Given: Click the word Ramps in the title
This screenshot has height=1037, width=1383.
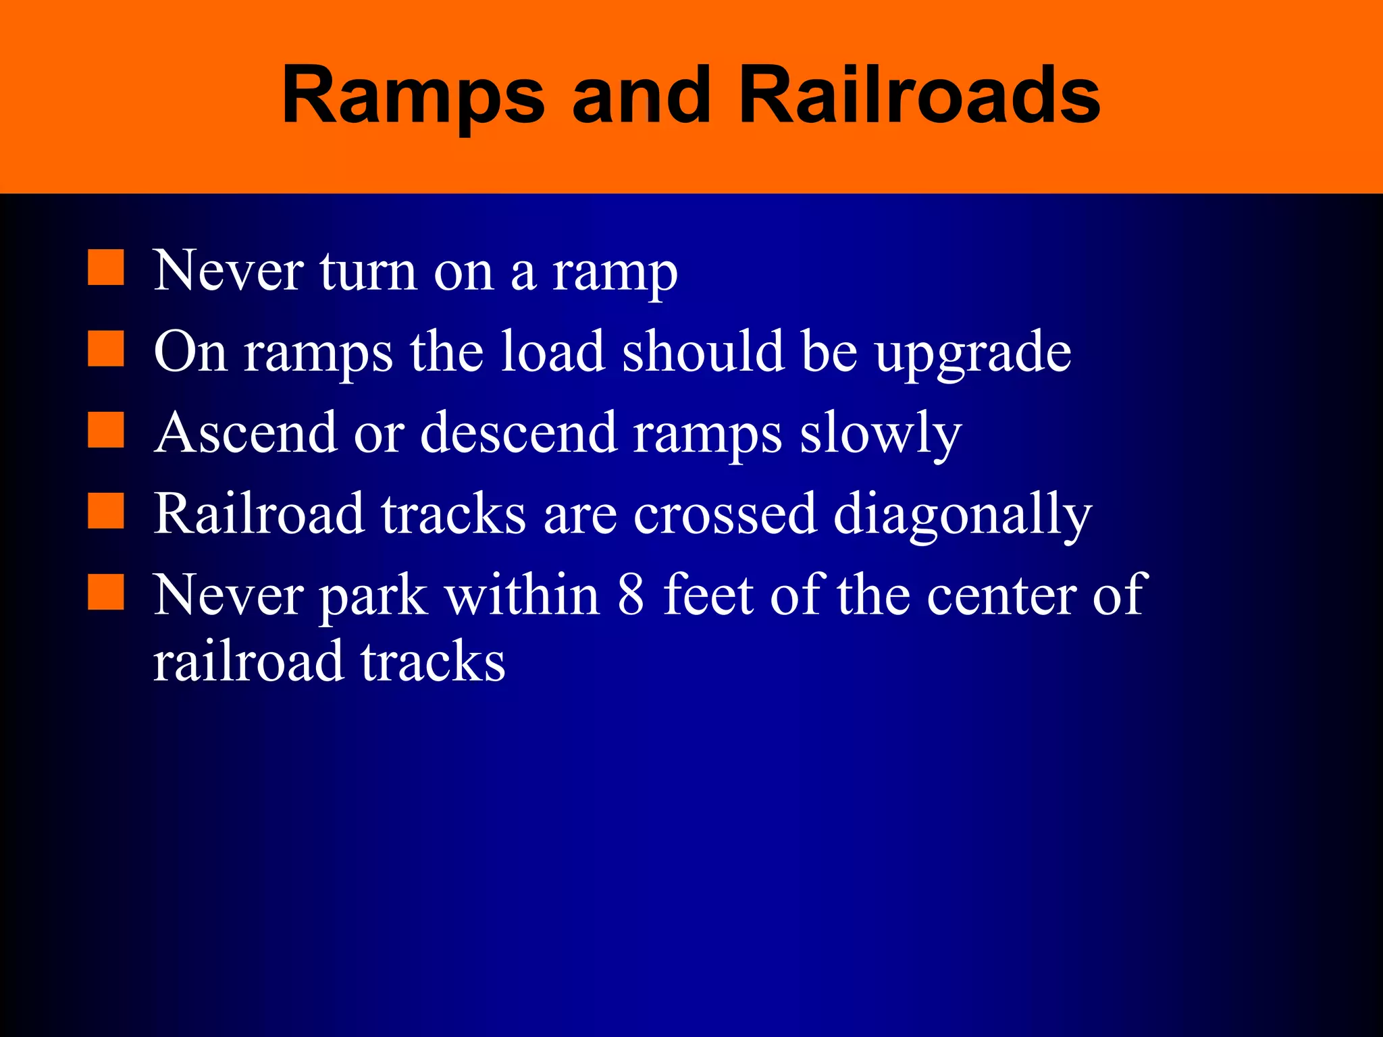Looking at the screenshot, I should click(x=412, y=96).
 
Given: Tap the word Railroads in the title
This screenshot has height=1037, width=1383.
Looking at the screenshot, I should click(x=919, y=96).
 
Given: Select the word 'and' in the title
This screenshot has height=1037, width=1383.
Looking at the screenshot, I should click(x=642, y=96).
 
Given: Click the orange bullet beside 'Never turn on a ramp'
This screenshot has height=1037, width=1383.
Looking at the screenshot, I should click(x=106, y=268).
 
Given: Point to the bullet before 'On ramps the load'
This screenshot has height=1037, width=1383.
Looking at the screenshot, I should click(x=106, y=349).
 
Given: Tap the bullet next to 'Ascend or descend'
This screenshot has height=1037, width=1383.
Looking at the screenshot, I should click(x=106, y=430).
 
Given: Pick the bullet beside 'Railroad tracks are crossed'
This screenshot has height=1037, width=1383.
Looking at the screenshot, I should click(x=106, y=511).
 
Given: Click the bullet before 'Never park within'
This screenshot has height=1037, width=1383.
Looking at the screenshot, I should click(x=106, y=592).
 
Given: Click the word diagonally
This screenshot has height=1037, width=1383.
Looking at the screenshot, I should click(x=962, y=514).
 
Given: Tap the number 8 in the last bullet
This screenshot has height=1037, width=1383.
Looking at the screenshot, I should click(x=631, y=594).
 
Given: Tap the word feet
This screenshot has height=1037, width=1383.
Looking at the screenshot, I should click(x=708, y=594).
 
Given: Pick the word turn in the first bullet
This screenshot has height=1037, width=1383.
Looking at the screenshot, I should click(x=369, y=271).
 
